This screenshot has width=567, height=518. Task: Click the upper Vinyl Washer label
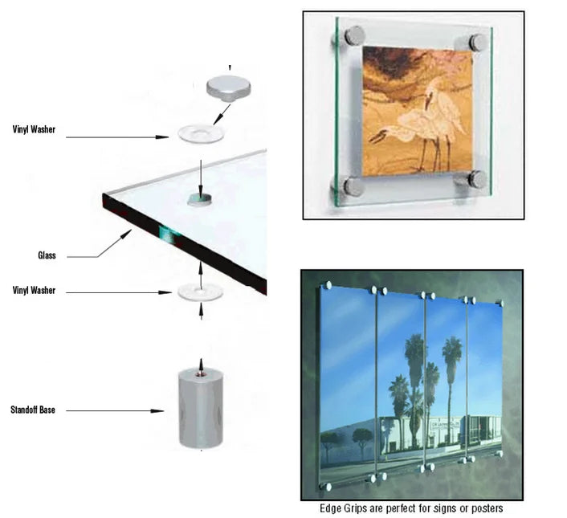click(34, 129)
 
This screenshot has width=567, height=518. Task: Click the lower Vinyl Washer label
click(34, 290)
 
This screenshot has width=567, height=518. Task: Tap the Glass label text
click(47, 255)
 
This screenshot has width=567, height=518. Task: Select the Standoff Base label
click(33, 410)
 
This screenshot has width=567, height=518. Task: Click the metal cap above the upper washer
click(229, 88)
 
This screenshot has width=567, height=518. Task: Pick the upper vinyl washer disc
click(200, 134)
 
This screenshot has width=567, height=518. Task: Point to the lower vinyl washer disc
click(200, 292)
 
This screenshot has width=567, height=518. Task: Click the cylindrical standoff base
click(201, 409)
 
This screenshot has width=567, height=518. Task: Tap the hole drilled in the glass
click(200, 199)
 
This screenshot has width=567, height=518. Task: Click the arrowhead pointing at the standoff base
click(157, 411)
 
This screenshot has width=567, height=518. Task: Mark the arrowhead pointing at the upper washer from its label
click(162, 137)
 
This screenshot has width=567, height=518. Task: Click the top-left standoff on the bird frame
click(353, 36)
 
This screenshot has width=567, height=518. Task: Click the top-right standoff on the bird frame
click(476, 43)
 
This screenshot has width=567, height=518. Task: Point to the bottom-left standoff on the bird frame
click(353, 187)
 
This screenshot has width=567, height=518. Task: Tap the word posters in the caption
click(487, 508)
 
